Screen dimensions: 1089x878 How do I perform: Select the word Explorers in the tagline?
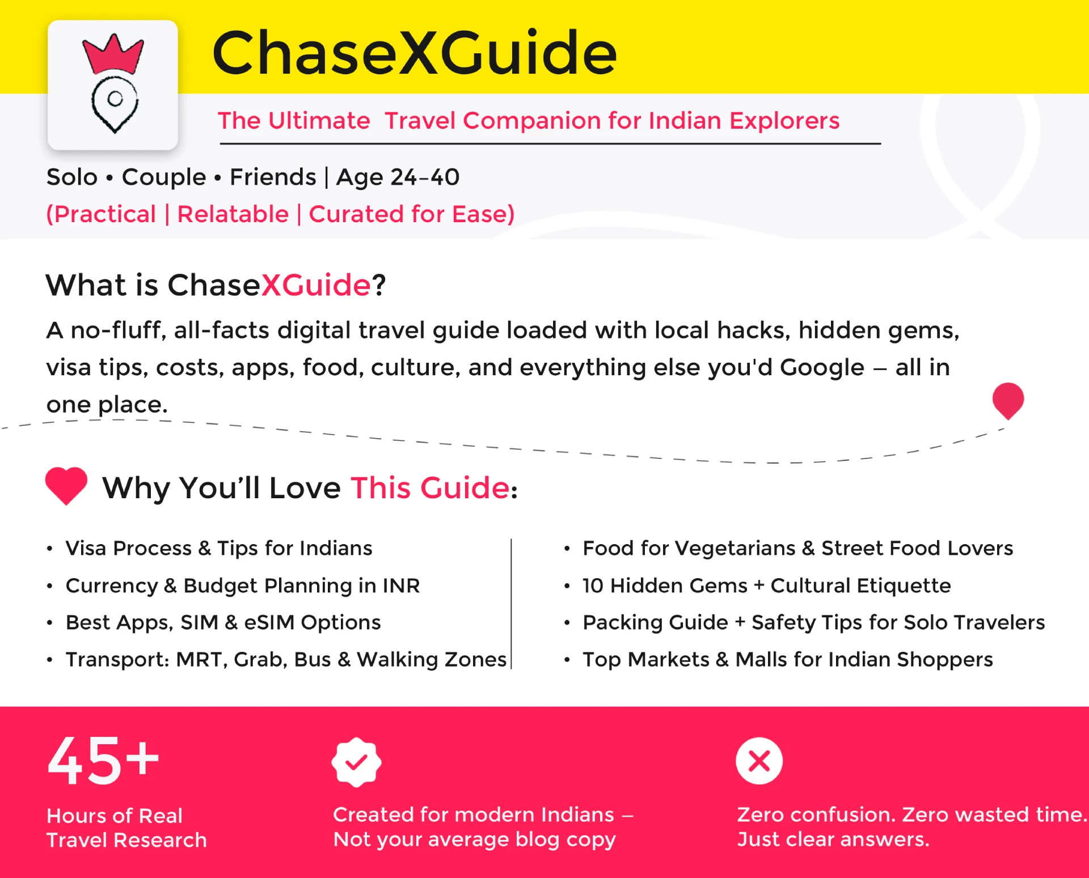tap(784, 121)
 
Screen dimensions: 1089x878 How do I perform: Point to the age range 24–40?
tap(425, 177)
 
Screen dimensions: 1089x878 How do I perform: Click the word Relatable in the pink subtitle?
tap(233, 214)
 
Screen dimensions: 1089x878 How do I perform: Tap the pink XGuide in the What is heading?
tap(316, 285)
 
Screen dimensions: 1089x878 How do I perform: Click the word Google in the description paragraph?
tap(822, 368)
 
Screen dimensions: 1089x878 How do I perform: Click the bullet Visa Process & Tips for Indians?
tap(219, 549)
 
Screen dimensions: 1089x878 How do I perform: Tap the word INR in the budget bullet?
tap(401, 586)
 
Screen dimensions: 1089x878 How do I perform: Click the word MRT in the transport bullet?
tap(202, 660)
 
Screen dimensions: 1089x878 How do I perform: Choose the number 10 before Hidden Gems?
tap(593, 586)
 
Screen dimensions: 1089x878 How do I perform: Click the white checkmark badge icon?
tap(356, 762)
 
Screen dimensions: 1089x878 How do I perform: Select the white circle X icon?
tap(759, 761)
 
